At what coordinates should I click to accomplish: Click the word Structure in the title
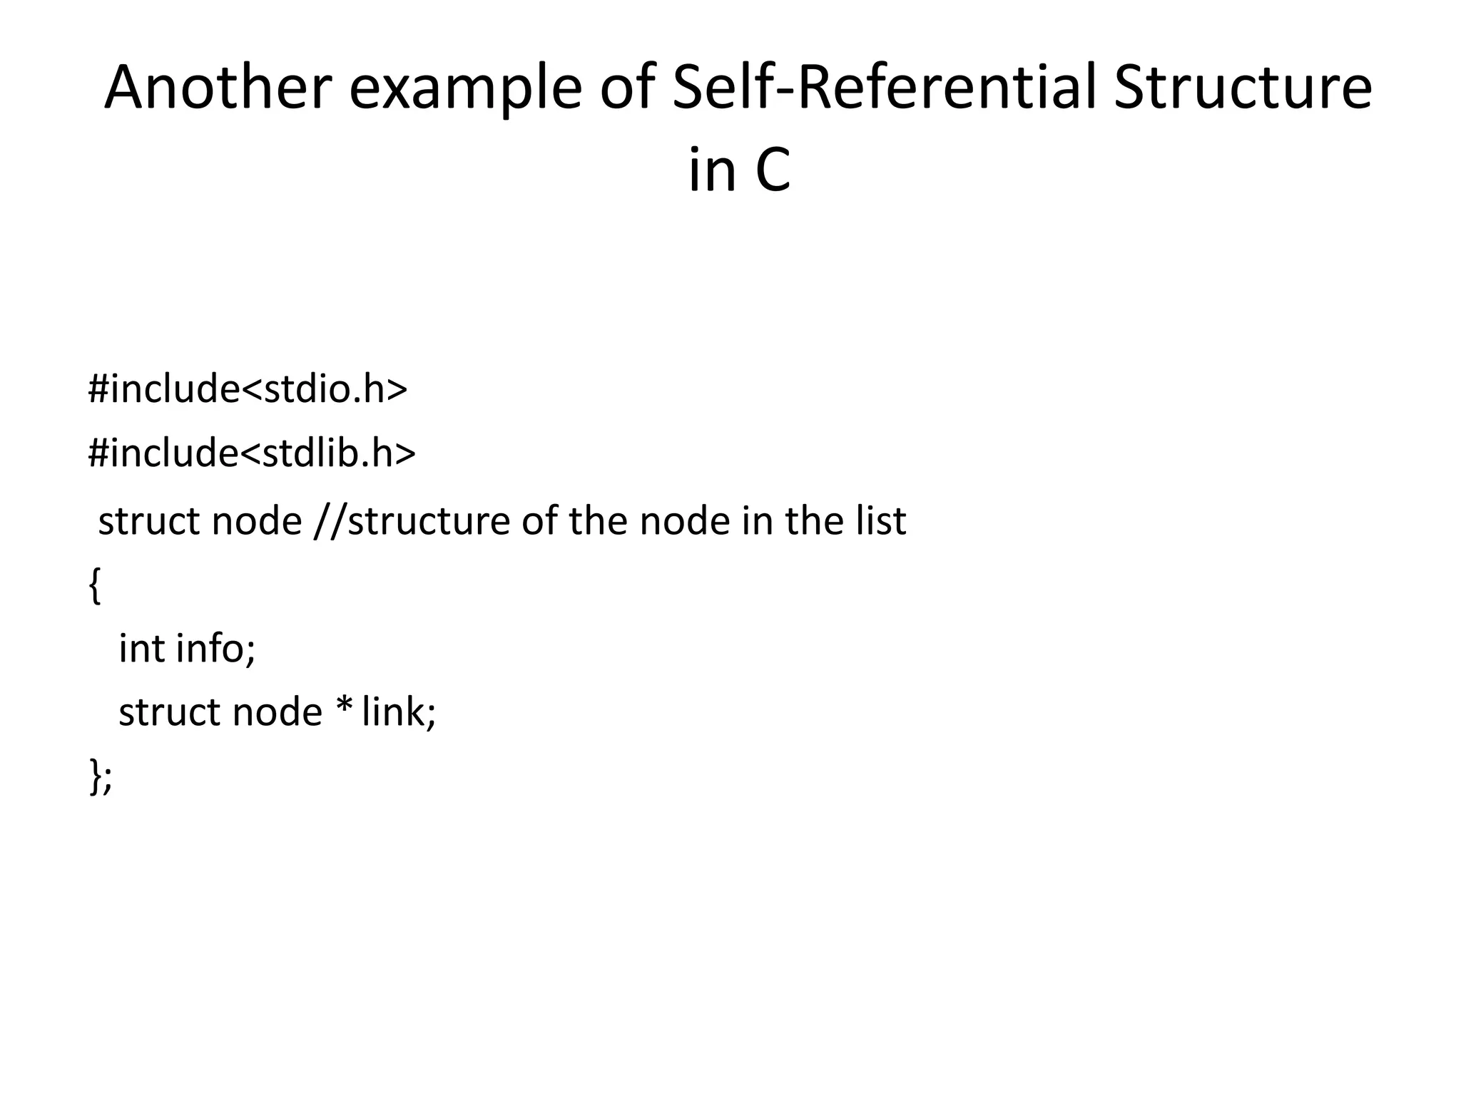(x=1242, y=88)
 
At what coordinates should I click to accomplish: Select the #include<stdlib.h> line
(x=251, y=453)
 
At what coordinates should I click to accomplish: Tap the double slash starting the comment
(x=328, y=521)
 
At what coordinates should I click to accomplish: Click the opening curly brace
(x=94, y=586)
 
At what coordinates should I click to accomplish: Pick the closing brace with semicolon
(x=101, y=776)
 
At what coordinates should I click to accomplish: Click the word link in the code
(x=398, y=711)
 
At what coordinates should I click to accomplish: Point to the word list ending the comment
(x=882, y=520)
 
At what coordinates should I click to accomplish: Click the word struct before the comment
(x=150, y=521)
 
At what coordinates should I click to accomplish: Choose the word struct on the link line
(x=170, y=712)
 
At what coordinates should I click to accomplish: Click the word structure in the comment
(x=427, y=521)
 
